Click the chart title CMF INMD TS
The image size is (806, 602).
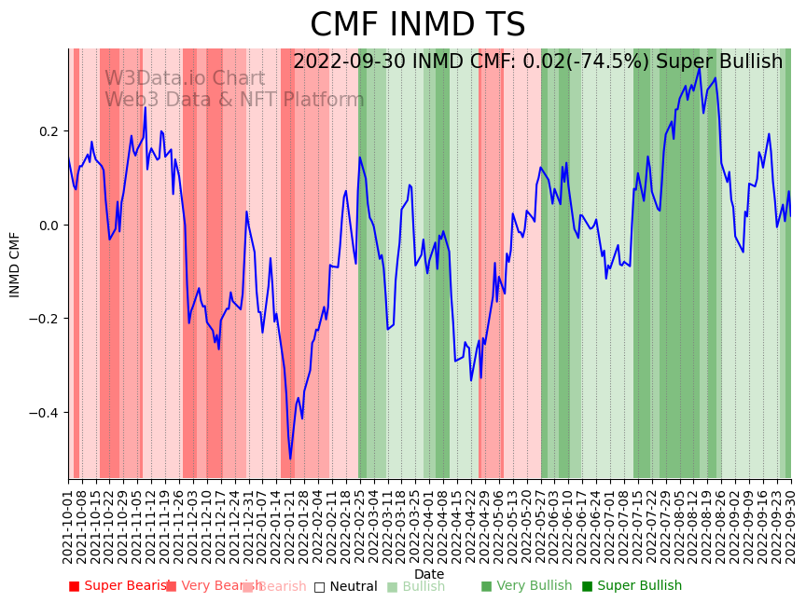coord(417,25)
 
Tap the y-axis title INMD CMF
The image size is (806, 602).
coord(15,265)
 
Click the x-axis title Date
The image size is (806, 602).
coord(429,574)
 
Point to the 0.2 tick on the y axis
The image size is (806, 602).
coord(49,131)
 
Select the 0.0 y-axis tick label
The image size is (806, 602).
coord(49,226)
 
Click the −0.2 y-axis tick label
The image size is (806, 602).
coord(45,319)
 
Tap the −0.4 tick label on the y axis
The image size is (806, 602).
coord(45,413)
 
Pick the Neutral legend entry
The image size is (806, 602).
coord(345,586)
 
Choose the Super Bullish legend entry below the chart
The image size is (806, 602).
coord(632,586)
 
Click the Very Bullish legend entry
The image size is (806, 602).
coord(526,586)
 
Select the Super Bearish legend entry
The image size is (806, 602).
coord(119,586)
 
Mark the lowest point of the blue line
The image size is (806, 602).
coord(290,458)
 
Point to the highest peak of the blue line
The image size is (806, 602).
coord(700,67)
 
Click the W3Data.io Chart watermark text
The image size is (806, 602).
coord(184,79)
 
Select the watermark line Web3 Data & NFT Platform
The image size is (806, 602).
coord(234,100)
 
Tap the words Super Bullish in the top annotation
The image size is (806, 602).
coord(719,62)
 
